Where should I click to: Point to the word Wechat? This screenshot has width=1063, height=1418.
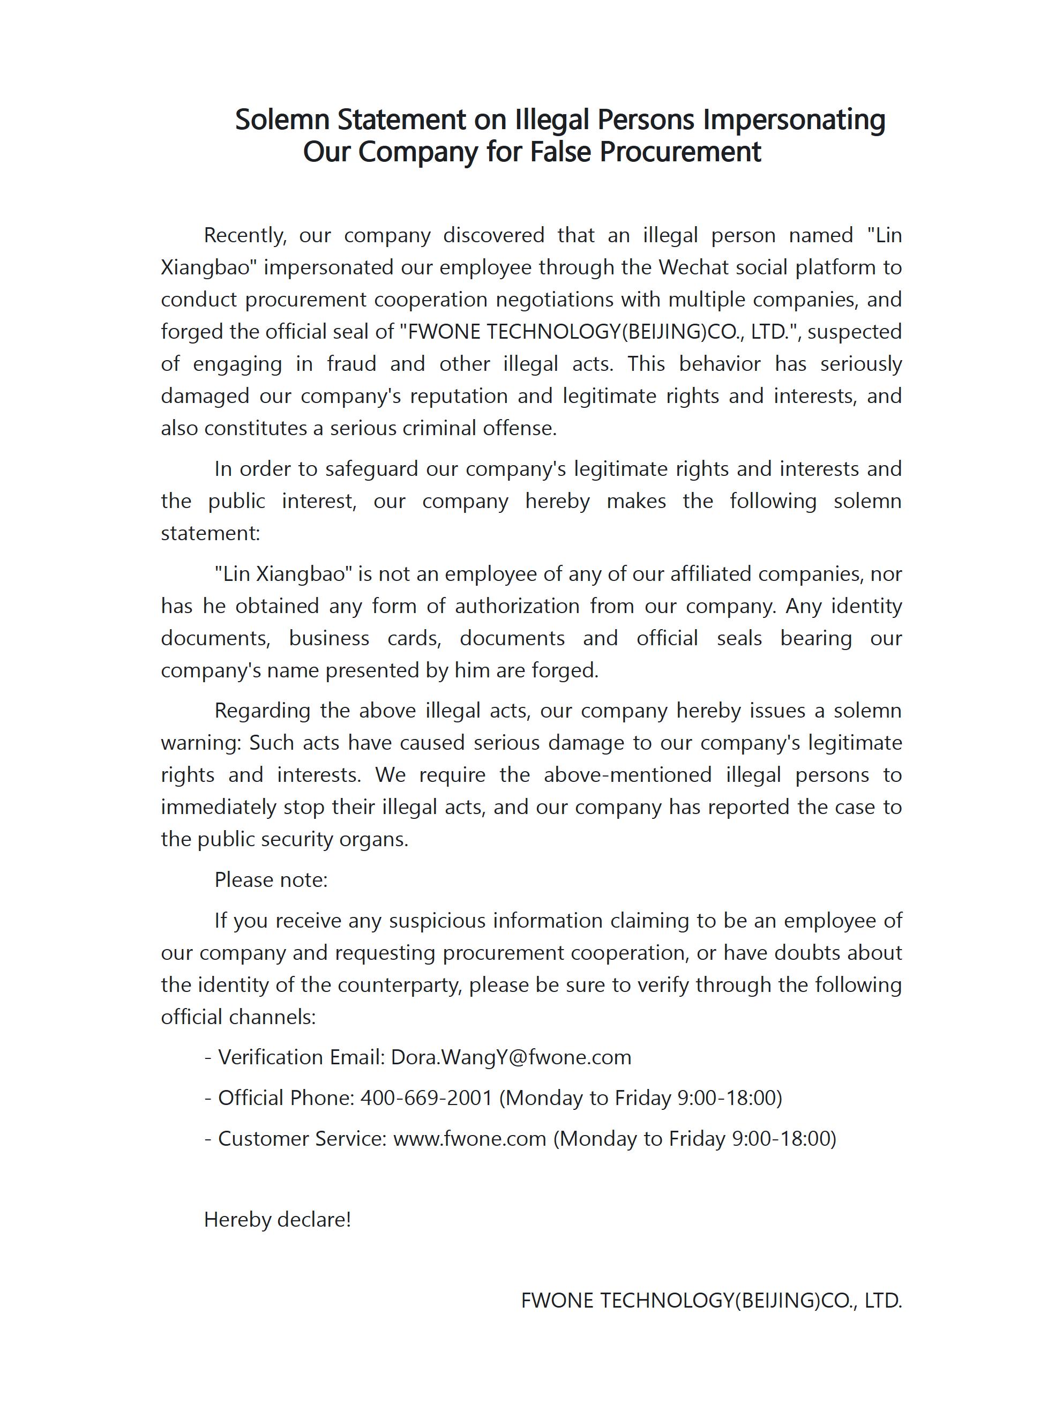click(693, 267)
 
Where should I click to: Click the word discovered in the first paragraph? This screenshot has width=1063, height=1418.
click(493, 235)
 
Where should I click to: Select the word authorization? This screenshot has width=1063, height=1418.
click(517, 606)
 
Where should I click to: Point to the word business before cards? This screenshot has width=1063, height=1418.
click(328, 638)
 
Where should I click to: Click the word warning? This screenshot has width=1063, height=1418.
click(200, 742)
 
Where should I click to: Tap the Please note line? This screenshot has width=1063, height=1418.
click(271, 879)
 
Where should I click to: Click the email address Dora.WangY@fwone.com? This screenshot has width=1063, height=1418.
click(511, 1057)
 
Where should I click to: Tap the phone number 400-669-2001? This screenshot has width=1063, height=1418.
click(426, 1098)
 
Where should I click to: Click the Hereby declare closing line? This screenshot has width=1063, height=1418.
click(278, 1219)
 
